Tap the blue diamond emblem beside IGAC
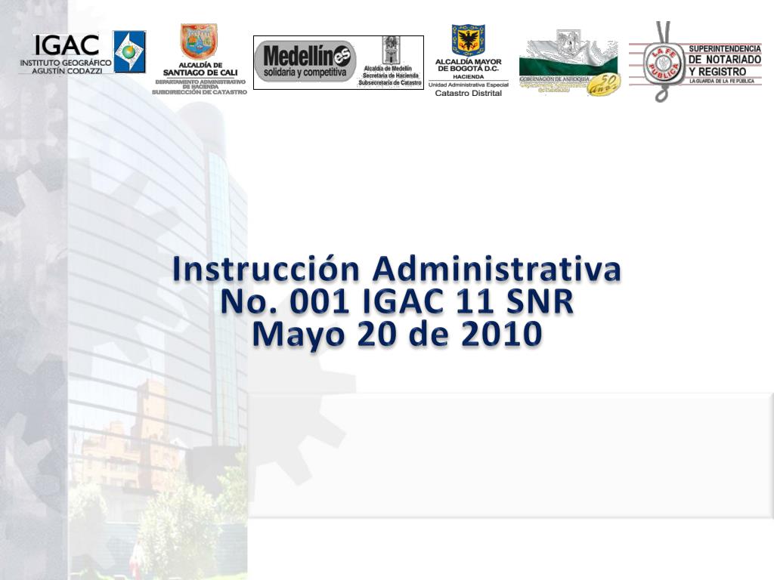coord(129,51)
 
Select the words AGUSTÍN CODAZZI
coord(65,69)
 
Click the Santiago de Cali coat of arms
coord(198,41)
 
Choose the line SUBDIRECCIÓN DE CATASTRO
coord(200,92)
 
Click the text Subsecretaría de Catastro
coord(390,82)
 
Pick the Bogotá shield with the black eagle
coord(468,41)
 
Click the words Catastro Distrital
coord(469,93)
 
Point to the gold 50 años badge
coord(603,83)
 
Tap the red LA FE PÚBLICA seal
coord(663,63)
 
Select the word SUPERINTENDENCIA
coord(724,48)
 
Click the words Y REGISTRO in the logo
coord(717,72)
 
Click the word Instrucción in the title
coord(266,269)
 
